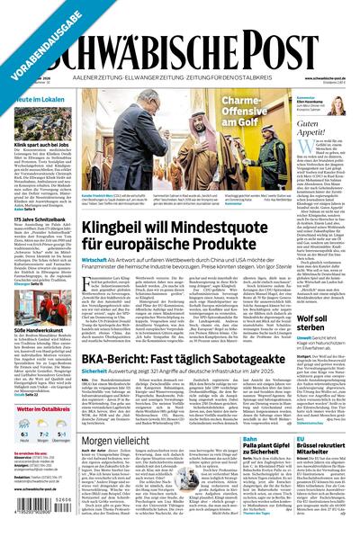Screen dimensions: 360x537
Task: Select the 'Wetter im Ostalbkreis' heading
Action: pyautogui.click(x=40, y=409)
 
